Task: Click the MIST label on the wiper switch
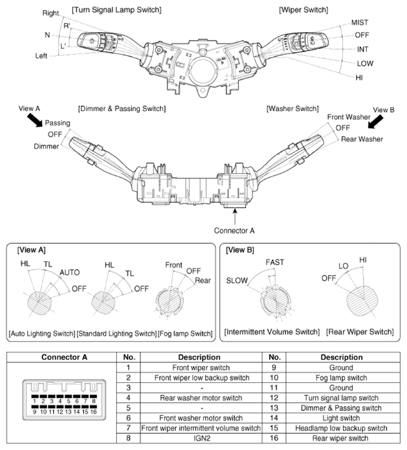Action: click(360, 22)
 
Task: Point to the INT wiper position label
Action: click(362, 50)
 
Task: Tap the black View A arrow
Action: click(35, 120)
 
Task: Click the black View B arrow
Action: click(376, 122)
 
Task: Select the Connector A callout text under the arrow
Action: click(234, 230)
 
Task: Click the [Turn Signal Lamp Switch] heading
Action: click(116, 10)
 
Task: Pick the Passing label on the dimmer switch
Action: click(57, 123)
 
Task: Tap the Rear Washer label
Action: click(362, 139)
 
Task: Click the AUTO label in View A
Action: click(70, 272)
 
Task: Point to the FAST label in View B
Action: click(275, 263)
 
